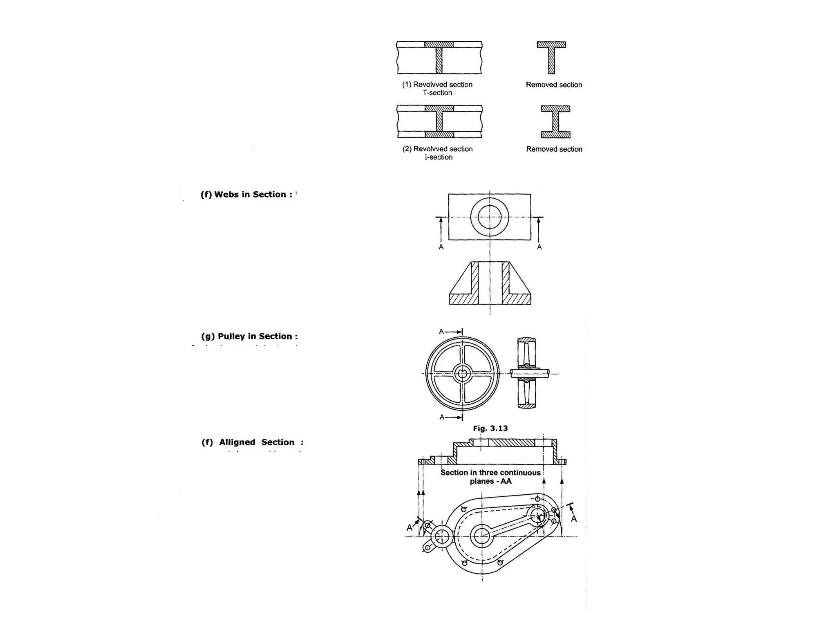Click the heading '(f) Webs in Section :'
point(246,195)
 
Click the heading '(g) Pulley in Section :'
point(249,336)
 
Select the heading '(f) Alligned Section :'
point(252,442)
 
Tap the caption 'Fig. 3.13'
point(490,428)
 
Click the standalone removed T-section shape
point(551,57)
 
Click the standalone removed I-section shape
point(555,122)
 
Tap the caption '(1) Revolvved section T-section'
point(437,88)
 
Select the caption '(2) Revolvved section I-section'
point(438,153)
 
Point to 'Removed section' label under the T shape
point(554,85)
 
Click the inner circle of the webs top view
point(490,217)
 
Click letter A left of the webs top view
point(441,247)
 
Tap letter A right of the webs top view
point(539,247)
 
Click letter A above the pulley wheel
point(441,332)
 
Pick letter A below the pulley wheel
point(442,417)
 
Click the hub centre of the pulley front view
point(462,373)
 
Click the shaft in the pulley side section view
point(530,373)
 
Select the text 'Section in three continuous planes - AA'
point(490,477)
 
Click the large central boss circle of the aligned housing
point(482,536)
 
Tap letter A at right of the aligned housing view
point(574,519)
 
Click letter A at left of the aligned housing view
point(410,528)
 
